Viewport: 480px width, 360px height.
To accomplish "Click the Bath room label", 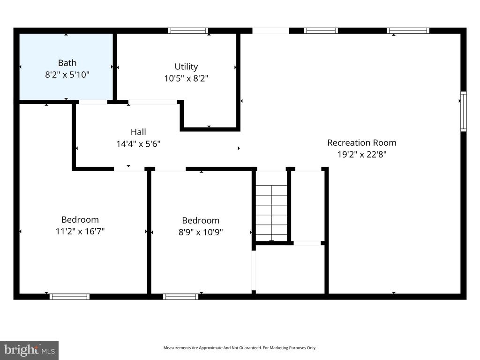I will (67, 63).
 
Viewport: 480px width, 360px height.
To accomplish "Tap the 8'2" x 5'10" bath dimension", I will (67, 74).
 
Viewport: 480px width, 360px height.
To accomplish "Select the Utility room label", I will (186, 67).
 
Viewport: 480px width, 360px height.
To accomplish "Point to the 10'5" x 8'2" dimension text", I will (186, 78).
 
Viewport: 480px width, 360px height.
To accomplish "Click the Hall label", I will (138, 132).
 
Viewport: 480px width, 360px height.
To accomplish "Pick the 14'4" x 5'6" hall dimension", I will (138, 144).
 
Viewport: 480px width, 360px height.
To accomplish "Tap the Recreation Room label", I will (361, 142).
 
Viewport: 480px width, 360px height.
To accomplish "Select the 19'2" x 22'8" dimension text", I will (361, 154).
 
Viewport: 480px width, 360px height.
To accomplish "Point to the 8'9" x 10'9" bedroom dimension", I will (201, 232).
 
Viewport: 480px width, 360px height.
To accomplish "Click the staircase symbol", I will (271, 206).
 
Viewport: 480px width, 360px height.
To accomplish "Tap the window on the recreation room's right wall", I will (463, 111).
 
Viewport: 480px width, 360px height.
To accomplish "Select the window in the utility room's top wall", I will (188, 31).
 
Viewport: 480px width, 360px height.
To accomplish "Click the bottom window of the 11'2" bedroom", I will (69, 296).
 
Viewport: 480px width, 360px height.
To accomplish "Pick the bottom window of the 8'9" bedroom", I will (180, 296).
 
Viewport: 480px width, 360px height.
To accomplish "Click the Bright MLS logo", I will (29, 350).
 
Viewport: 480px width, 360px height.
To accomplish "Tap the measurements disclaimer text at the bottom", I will (240, 348).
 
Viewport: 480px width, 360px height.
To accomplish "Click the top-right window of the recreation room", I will (408, 31).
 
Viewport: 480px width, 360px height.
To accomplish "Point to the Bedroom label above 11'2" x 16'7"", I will (80, 219).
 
